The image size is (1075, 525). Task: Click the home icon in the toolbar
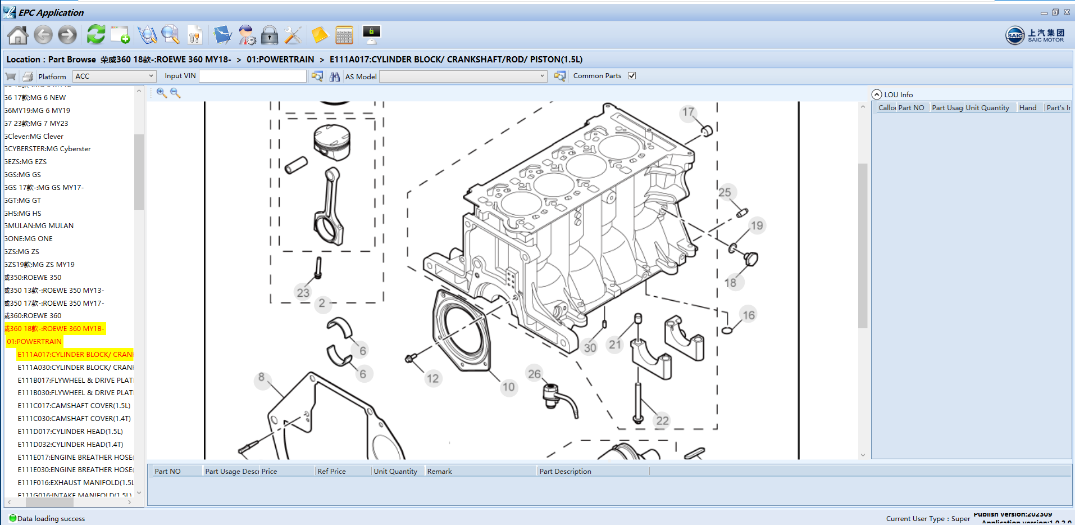click(x=17, y=35)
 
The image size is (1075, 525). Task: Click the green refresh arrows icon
click(x=96, y=35)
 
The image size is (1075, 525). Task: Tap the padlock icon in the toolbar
click(x=270, y=35)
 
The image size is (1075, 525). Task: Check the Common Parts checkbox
click(x=632, y=76)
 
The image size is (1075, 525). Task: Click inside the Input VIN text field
click(x=252, y=76)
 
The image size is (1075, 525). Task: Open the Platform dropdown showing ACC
click(x=114, y=76)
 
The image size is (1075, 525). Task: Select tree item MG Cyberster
click(x=48, y=149)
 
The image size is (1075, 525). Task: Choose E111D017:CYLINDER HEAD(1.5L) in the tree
click(x=70, y=432)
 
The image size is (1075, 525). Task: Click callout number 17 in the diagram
click(x=688, y=112)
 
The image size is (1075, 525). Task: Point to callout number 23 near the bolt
click(x=303, y=292)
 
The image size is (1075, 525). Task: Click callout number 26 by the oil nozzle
click(x=534, y=374)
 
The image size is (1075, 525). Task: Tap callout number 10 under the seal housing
click(x=508, y=387)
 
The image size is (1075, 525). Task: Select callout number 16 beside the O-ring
click(x=749, y=315)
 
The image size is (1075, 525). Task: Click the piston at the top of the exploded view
click(x=332, y=142)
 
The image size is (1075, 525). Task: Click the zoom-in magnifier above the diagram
click(x=162, y=93)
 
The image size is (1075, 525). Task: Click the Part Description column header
click(x=565, y=472)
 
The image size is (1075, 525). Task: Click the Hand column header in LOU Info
click(x=1027, y=108)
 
